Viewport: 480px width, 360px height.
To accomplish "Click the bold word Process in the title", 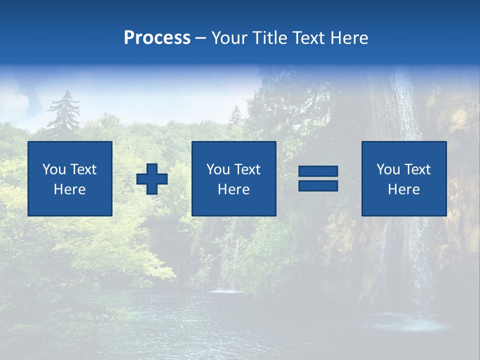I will coord(157,38).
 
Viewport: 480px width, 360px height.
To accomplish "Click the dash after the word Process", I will coord(201,38).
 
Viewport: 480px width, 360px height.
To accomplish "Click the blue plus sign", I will coord(152,179).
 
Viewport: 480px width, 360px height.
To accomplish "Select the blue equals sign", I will coord(318,178).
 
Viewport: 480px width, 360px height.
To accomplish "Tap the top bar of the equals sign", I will coord(318,171).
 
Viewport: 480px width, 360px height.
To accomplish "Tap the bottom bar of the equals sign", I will coord(318,185).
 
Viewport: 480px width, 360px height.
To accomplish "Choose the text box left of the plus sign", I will coord(70,178).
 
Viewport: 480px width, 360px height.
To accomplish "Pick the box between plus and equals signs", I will coord(234,178).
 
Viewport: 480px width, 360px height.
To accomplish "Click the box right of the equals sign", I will coord(404,178).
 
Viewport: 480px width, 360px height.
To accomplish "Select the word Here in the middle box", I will coord(234,189).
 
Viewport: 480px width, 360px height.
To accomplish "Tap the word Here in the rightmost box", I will coord(404,189).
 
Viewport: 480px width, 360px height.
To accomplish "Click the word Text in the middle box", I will coord(248,169).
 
